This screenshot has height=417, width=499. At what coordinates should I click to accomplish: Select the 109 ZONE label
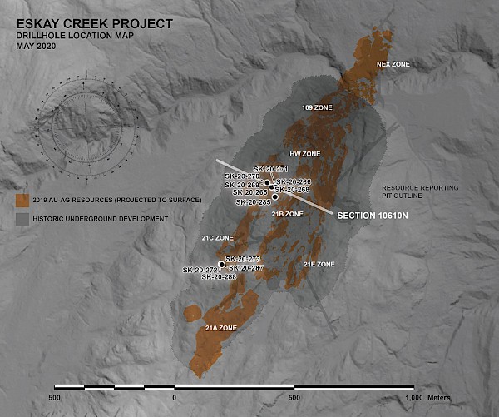316,108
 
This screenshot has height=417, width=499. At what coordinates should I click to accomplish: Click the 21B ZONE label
287,214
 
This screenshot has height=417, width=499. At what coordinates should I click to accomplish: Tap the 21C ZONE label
217,238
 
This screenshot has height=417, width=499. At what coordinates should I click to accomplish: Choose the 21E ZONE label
319,264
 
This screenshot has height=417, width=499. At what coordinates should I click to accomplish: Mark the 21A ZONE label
220,328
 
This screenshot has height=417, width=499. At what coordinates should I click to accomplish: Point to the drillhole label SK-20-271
270,169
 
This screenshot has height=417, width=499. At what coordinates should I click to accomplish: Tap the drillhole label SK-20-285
253,202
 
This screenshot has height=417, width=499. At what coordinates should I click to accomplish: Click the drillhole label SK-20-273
243,259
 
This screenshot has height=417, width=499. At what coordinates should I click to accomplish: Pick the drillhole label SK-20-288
219,277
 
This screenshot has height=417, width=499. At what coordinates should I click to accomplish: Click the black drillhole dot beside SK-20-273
221,265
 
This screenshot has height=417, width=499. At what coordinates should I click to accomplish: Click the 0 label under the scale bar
174,398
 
